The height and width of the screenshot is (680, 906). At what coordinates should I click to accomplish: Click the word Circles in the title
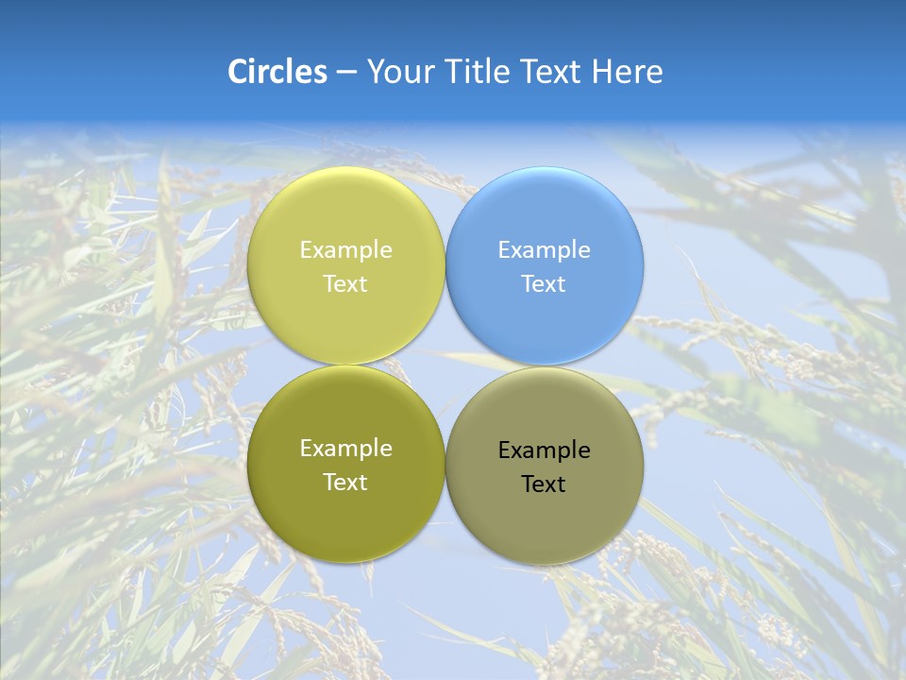click(277, 72)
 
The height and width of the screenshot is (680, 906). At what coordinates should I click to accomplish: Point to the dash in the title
click(346, 73)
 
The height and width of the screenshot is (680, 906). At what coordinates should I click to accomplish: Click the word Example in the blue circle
click(545, 249)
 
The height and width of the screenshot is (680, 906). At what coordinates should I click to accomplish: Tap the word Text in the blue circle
click(544, 283)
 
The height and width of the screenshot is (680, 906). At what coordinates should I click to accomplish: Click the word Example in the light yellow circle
click(345, 249)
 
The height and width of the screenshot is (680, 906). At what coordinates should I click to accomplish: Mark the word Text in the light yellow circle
click(345, 283)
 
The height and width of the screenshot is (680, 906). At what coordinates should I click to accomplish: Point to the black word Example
click(545, 450)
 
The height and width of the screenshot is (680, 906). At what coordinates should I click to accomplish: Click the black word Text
click(544, 484)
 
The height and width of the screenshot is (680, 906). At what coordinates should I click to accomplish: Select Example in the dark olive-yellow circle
click(345, 448)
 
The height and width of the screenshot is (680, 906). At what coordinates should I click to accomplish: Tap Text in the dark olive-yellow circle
click(345, 482)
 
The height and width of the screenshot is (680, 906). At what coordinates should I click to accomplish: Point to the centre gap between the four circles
click(445, 365)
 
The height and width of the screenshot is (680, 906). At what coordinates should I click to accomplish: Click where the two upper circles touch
click(445, 266)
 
